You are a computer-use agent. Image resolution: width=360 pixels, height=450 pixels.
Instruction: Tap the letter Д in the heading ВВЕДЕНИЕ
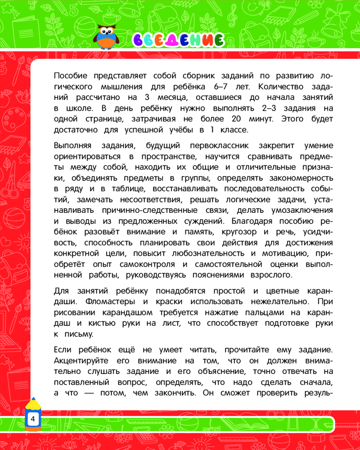(172, 40)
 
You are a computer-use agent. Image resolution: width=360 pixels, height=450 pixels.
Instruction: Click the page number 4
(32, 419)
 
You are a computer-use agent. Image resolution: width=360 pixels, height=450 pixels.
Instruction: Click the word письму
(79, 334)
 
